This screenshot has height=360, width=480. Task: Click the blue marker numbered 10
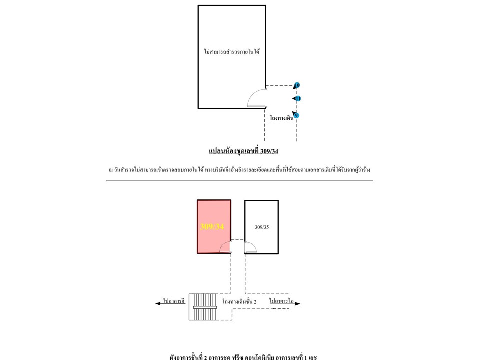(x=297, y=85)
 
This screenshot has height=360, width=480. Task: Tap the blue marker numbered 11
(x=298, y=99)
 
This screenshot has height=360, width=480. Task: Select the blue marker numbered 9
(x=296, y=116)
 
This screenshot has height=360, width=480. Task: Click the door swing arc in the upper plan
(x=256, y=97)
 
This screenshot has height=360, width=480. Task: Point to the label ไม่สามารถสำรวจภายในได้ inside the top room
(x=232, y=52)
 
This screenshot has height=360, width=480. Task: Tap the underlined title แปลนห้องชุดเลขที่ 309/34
(x=243, y=150)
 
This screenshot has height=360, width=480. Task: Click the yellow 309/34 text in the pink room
(x=212, y=227)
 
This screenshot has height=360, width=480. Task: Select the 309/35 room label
(x=262, y=227)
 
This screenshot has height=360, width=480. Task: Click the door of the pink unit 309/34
(x=225, y=246)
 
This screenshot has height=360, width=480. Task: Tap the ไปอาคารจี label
(x=174, y=301)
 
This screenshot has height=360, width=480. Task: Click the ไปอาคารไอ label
(x=281, y=301)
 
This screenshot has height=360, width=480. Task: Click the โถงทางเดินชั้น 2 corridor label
(x=239, y=302)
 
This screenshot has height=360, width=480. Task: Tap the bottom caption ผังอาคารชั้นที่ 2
(x=243, y=357)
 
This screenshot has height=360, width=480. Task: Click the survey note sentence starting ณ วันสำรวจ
(x=239, y=170)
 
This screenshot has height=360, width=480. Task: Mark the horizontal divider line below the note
(x=239, y=181)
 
